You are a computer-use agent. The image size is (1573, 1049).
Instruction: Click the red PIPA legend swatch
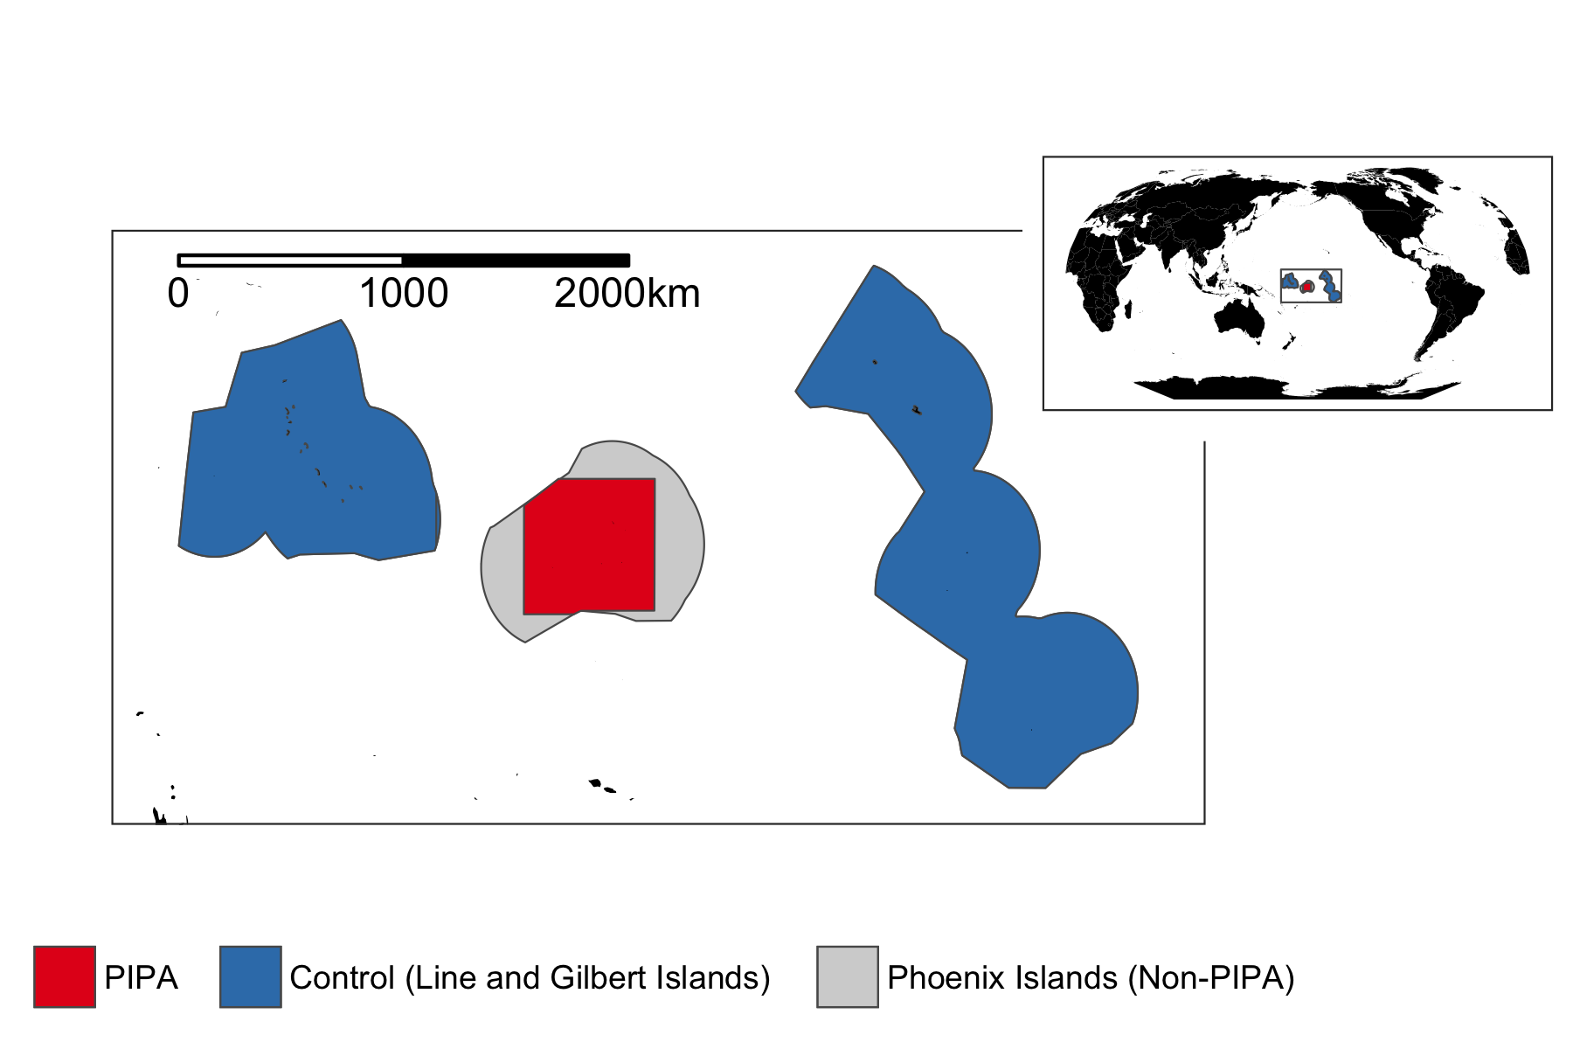(65, 976)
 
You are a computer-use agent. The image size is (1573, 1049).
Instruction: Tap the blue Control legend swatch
(250, 976)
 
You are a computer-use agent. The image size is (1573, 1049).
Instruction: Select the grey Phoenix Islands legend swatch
(848, 976)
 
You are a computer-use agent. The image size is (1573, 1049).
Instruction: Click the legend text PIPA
(141, 977)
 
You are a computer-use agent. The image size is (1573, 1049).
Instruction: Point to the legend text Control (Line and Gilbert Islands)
(530, 977)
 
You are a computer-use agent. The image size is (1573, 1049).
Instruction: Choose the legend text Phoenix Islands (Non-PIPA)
(1091, 977)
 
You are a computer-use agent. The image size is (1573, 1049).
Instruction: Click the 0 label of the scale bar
(177, 294)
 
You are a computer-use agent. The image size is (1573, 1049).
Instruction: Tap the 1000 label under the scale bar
(404, 294)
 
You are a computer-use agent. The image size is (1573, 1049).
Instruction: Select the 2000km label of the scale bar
(627, 294)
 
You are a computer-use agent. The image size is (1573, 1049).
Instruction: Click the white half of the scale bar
(290, 261)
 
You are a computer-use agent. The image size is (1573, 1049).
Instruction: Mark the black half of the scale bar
(516, 261)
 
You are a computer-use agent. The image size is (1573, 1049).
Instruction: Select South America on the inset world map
(1451, 306)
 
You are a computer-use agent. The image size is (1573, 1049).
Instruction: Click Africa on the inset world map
(1103, 280)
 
